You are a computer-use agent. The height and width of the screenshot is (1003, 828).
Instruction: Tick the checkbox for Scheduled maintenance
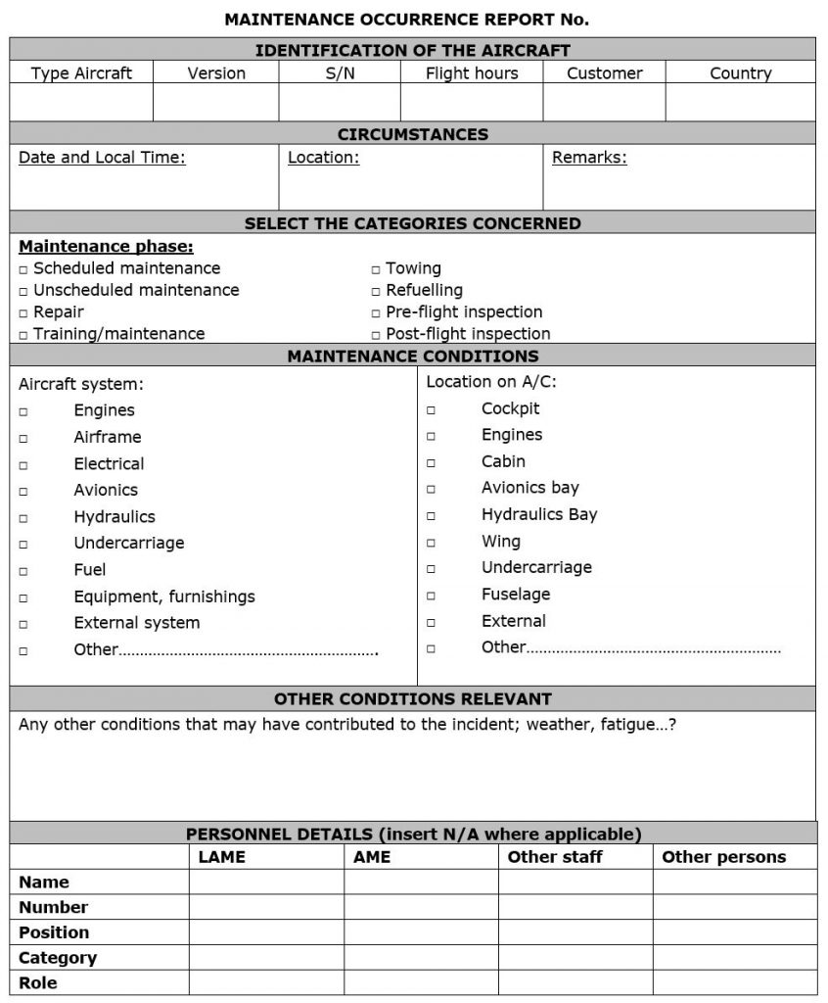23,269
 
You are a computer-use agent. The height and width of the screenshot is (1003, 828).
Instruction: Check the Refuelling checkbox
376,291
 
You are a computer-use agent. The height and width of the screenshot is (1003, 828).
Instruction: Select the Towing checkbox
376,269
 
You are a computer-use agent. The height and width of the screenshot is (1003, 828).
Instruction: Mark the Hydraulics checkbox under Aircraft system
23,517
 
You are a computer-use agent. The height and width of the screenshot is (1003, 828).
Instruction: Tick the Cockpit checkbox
431,409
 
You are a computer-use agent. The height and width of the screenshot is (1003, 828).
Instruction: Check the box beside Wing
431,542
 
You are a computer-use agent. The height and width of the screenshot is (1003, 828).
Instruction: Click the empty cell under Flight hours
471,102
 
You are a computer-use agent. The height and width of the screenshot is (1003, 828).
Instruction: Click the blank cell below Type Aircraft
81,102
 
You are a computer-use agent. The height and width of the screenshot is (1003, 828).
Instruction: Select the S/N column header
340,73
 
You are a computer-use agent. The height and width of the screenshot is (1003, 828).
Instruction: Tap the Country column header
740,73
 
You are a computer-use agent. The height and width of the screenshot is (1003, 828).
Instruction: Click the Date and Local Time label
102,158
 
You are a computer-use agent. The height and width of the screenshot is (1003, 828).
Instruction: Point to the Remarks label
589,158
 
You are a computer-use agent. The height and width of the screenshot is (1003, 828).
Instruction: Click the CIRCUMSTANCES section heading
412,134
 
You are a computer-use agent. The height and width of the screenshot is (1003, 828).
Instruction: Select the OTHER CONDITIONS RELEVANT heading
412,699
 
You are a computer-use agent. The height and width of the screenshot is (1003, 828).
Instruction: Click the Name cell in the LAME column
266,883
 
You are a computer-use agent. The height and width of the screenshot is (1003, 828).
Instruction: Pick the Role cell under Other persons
734,983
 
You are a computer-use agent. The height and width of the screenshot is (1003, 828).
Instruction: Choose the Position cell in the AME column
421,932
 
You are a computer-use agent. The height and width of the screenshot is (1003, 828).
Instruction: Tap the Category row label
58,958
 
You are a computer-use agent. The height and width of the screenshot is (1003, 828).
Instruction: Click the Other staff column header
555,857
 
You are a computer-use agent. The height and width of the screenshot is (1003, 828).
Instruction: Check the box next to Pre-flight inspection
376,313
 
